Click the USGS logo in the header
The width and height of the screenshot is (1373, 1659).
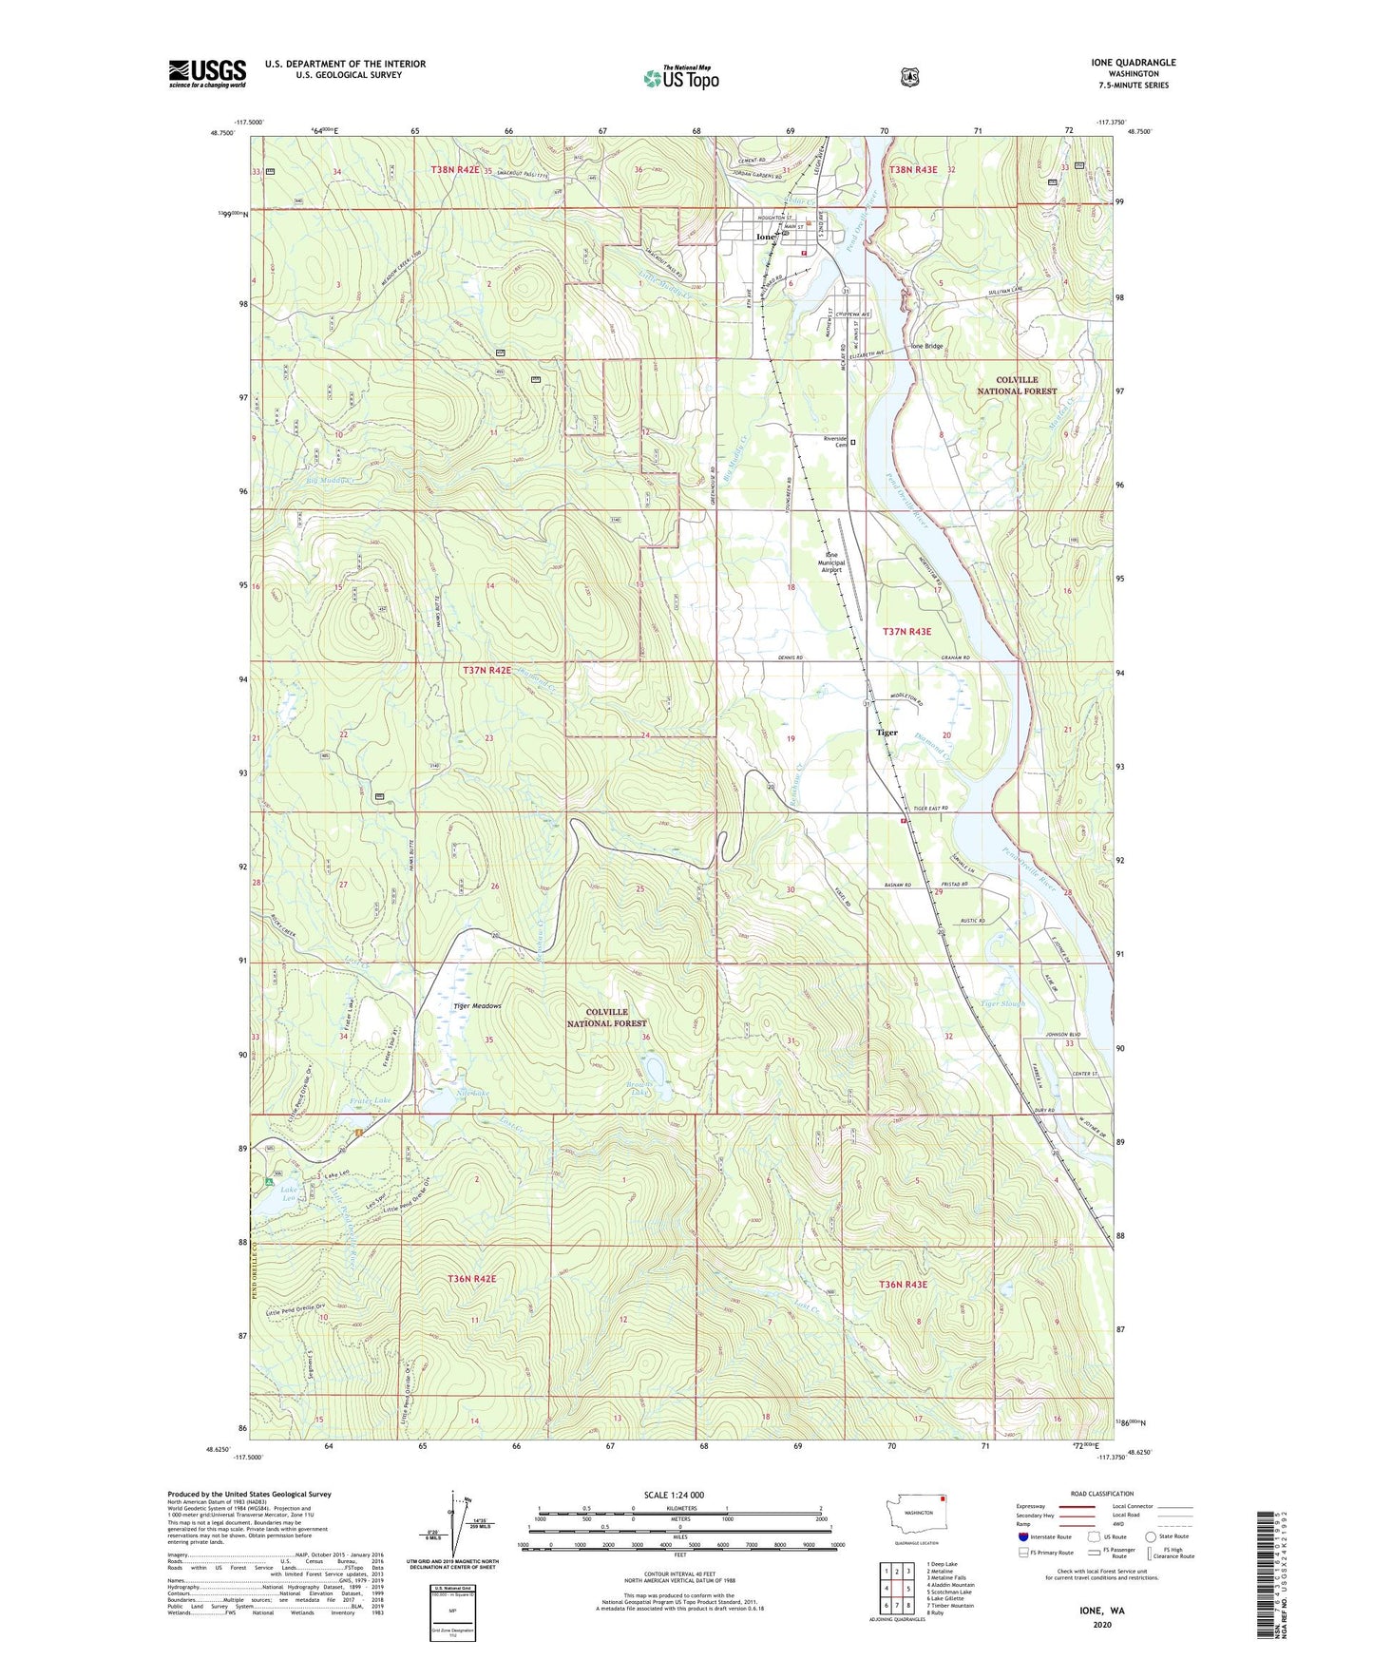(207, 73)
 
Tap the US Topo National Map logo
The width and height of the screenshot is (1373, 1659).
(679, 77)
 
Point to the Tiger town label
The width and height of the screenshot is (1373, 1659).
(887, 733)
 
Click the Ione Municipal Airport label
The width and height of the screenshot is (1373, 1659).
(831, 563)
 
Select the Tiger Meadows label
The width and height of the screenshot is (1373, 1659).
(477, 1006)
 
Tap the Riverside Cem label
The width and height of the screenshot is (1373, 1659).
(835, 442)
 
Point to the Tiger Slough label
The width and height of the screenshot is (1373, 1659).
(1002, 1003)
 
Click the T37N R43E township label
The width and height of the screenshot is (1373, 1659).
(906, 631)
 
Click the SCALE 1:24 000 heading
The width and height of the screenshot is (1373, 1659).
(674, 1495)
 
